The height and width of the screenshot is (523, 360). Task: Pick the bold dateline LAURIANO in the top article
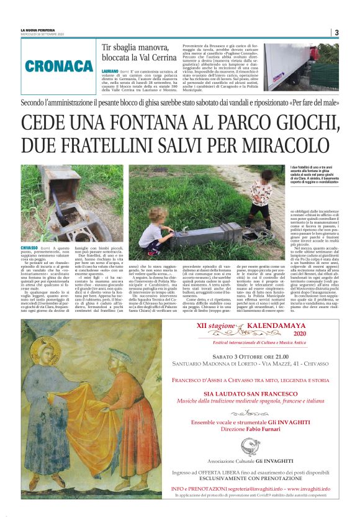pos(112,72)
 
